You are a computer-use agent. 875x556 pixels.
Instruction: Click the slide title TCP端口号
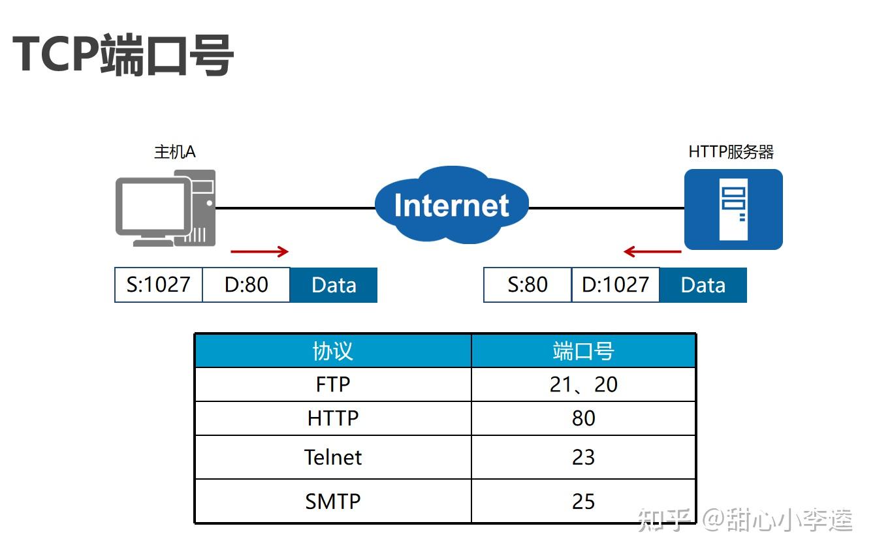[x=123, y=55]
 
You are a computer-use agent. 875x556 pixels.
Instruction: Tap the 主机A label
[x=174, y=152]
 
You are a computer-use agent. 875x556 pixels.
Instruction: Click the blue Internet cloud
[x=451, y=205]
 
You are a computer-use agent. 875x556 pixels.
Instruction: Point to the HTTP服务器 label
[x=731, y=152]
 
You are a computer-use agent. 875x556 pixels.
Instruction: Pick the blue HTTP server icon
[x=733, y=209]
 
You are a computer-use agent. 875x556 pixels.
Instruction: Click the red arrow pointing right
[x=259, y=251]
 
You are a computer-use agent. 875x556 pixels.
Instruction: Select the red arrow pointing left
[x=652, y=251]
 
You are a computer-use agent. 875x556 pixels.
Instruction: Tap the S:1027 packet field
[x=159, y=285]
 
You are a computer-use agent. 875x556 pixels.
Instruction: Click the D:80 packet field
[x=246, y=285]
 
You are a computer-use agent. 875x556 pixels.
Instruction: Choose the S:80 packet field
[x=528, y=285]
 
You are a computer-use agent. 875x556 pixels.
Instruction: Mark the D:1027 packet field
[x=615, y=285]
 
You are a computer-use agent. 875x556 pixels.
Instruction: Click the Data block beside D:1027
[x=703, y=285]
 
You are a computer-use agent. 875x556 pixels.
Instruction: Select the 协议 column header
[x=333, y=351]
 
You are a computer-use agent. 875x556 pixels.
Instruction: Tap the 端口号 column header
[x=583, y=351]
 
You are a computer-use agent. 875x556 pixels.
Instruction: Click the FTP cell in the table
[x=333, y=384]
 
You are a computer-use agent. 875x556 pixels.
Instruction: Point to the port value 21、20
[x=583, y=384]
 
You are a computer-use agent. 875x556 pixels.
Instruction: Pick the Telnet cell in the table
[x=333, y=457]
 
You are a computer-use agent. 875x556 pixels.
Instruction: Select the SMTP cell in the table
[x=333, y=501]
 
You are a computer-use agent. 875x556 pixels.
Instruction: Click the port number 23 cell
[x=583, y=457]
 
